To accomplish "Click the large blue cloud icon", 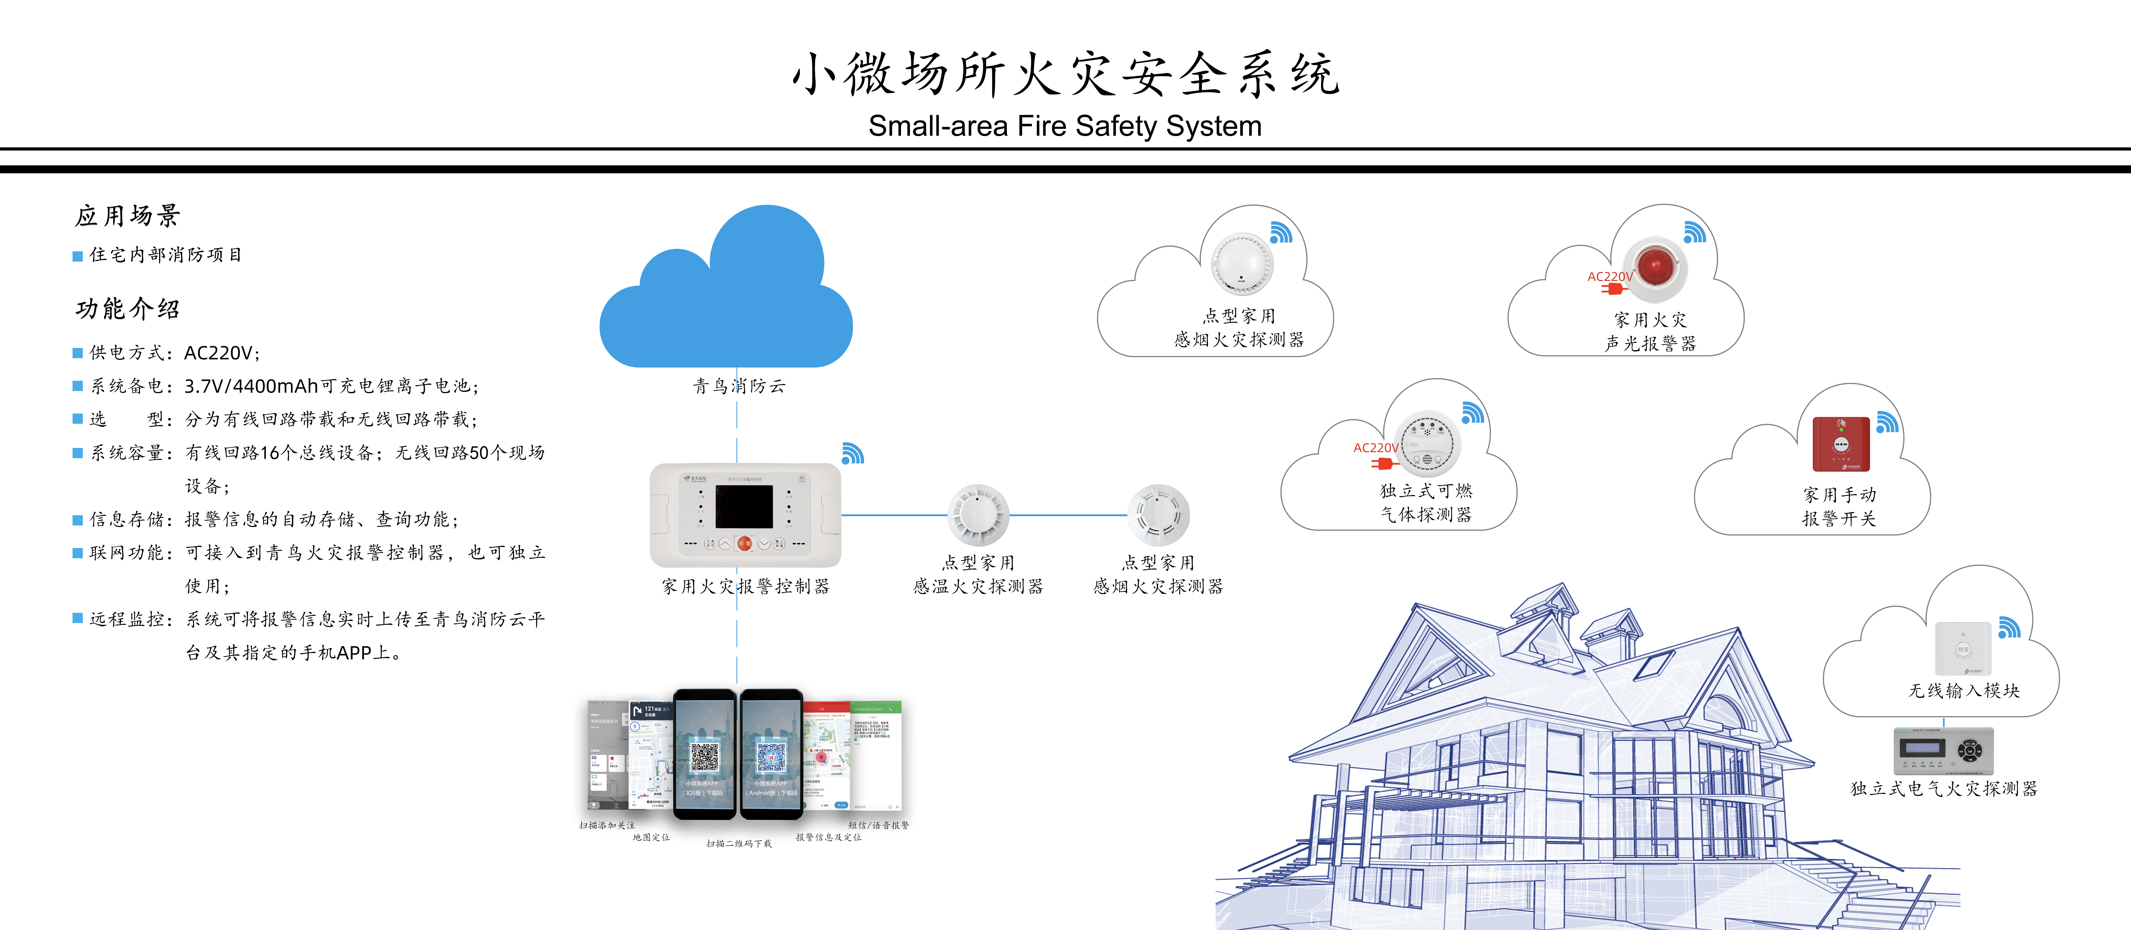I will (726, 298).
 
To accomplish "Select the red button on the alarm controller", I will (744, 543).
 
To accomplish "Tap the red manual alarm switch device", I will (1841, 444).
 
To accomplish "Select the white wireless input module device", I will (1963, 649).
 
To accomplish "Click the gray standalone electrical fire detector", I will (1943, 751).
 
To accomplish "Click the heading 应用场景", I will (127, 216).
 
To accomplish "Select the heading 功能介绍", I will (127, 309).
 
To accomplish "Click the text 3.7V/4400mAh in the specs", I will (251, 386).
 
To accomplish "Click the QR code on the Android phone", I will (771, 756).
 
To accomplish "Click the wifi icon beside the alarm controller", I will (852, 453).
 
